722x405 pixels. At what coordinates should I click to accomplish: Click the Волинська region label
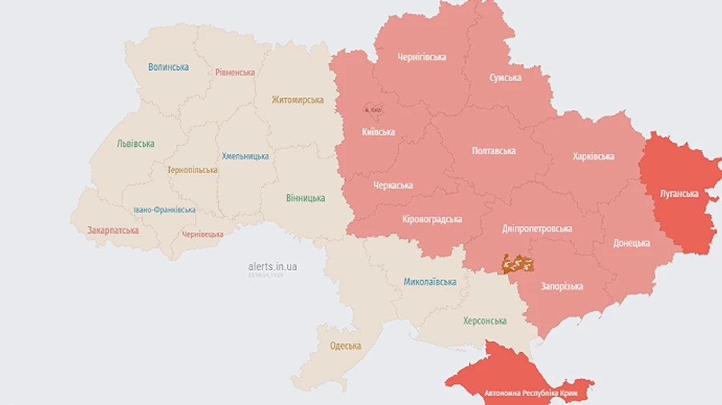tap(168, 67)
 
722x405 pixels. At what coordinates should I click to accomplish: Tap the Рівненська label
tap(235, 72)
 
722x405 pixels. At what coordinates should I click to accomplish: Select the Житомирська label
tap(298, 100)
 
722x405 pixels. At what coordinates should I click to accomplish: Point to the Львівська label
tap(136, 144)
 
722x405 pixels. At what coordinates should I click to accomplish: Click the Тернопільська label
tap(193, 170)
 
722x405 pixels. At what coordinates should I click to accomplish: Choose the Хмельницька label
tap(245, 156)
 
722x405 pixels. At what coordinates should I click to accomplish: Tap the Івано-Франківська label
tap(164, 209)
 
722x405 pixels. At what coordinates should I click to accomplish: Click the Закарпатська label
tap(113, 230)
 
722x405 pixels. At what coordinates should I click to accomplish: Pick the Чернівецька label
tap(202, 234)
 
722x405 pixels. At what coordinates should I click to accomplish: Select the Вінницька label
tap(306, 198)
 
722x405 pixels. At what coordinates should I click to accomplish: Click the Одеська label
tap(346, 346)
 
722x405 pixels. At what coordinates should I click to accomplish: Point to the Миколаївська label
tap(430, 282)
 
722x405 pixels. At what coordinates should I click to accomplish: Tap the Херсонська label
tap(485, 321)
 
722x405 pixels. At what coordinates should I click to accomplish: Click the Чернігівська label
tap(422, 57)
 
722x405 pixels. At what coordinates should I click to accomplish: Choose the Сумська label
tap(505, 78)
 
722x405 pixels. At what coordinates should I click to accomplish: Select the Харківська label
tap(594, 156)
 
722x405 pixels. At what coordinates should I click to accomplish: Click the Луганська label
tap(679, 193)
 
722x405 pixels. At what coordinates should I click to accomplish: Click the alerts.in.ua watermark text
tap(273, 265)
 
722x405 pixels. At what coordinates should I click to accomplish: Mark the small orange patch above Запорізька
tap(517, 263)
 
